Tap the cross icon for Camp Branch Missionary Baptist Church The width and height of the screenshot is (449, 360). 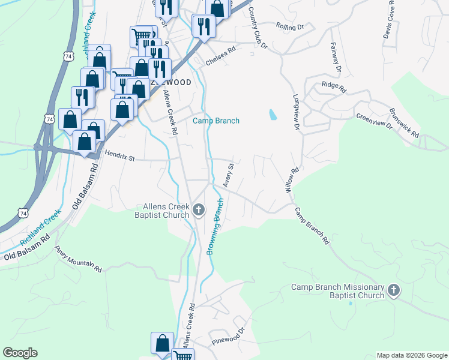coord(393,291)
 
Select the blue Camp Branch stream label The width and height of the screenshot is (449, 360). coord(215,121)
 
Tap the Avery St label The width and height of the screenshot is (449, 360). coord(228,174)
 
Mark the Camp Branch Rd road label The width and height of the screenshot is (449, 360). coord(312,226)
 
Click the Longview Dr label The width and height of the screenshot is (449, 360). coord(296,112)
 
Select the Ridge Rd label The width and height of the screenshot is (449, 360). coord(334,88)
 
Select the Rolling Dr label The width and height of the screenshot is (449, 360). coord(291,26)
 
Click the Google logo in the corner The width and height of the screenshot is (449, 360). coord(20,353)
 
